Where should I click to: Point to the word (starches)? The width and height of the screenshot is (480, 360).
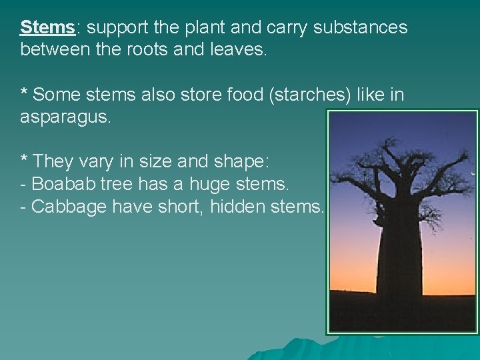[x=310, y=95]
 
